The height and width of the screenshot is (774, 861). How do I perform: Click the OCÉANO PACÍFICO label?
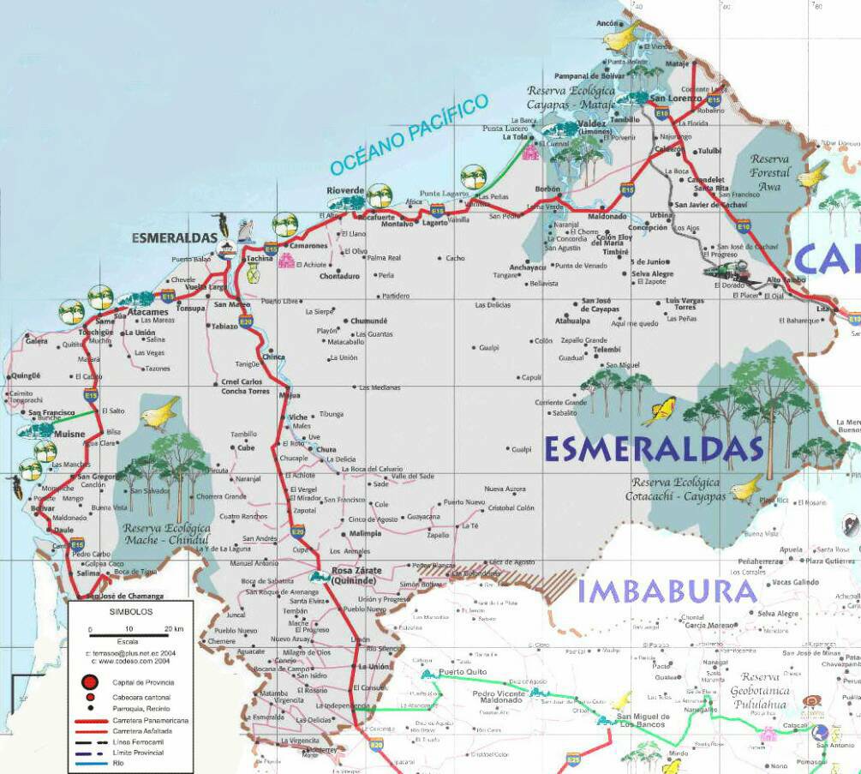coord(410,135)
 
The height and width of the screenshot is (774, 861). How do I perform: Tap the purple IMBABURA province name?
coord(667,591)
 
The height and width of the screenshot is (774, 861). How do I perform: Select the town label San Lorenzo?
coord(675,99)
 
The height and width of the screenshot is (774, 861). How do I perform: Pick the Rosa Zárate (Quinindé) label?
coord(356,575)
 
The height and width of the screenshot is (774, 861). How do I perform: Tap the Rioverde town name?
coord(345,190)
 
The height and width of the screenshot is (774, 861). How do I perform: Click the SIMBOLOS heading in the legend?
coord(130,614)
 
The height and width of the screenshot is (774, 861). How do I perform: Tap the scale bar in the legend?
coord(129,634)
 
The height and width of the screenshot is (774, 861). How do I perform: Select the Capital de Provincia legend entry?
coord(141,682)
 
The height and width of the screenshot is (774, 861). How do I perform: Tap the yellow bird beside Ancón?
coord(621,37)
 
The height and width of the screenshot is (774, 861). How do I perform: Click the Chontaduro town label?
coord(339,276)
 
